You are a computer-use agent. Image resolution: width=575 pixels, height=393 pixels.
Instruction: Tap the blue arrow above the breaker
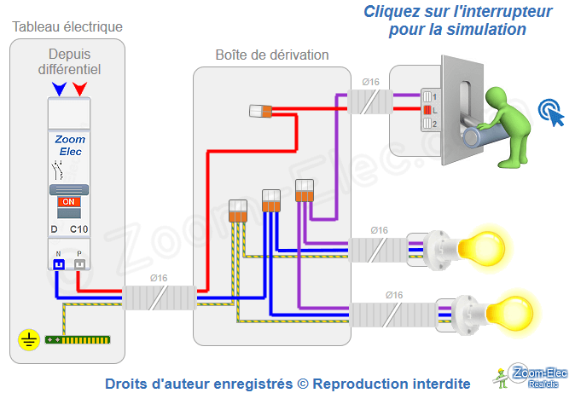coord(58,89)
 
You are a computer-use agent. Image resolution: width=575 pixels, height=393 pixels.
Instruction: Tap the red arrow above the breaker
coord(79,89)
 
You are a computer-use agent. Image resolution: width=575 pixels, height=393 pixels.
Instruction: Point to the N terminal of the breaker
coord(59,264)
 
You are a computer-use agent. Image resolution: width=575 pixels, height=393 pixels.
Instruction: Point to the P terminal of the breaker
coord(79,264)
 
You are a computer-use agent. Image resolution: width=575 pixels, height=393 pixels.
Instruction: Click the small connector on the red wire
coord(260,110)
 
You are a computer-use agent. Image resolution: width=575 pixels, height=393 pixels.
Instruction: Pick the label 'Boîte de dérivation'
coord(271,55)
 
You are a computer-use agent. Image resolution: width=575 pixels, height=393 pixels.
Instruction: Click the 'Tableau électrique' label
coord(67,26)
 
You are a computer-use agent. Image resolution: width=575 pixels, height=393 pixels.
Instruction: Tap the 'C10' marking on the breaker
coord(78,229)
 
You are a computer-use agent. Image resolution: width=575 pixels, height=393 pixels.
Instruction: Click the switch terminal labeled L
coord(429,110)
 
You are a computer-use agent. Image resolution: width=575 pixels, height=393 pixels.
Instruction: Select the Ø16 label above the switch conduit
coord(371,82)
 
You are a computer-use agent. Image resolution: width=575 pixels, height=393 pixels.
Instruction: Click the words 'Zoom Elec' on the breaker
coord(69,145)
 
